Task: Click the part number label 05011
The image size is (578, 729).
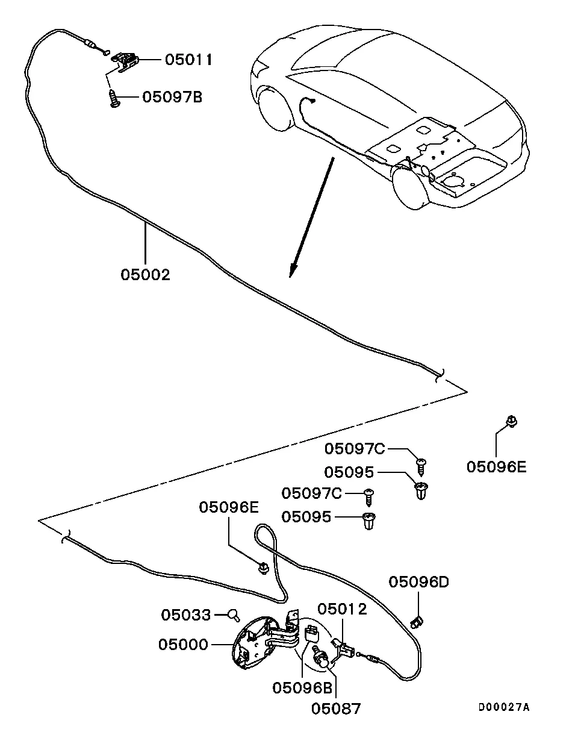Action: coord(188,60)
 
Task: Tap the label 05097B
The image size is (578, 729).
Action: coord(172,97)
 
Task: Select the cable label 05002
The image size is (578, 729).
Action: coord(146,275)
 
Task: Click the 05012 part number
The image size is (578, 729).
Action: coord(342,609)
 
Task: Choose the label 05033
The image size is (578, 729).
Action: coord(186,615)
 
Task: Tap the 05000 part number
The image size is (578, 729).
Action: coord(184,645)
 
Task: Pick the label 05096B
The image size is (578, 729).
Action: coord(302,687)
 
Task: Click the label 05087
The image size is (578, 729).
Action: coord(336,709)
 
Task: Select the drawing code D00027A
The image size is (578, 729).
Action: coord(504,707)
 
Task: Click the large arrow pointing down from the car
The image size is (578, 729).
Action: coord(310,217)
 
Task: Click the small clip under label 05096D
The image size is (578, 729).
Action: coord(416,621)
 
